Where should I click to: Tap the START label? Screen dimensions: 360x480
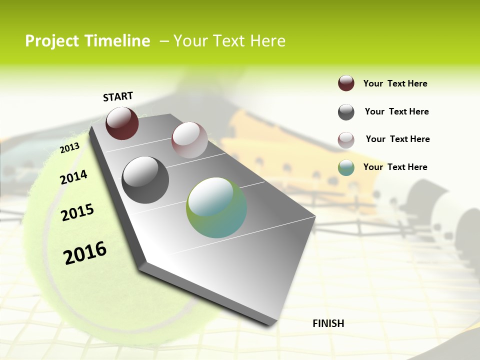click(118, 96)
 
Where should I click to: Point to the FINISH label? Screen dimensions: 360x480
click(328, 323)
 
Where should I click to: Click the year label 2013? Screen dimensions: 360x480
click(69, 148)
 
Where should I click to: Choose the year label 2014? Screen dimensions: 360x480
click(73, 177)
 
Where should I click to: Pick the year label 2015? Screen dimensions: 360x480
click(77, 212)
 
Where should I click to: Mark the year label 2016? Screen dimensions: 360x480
click(85, 252)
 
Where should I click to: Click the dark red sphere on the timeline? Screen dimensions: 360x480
click(122, 123)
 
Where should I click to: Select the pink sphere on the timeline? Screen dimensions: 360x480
click(189, 140)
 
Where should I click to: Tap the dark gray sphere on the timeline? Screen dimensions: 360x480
click(145, 180)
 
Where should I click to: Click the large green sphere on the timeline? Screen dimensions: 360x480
click(216, 207)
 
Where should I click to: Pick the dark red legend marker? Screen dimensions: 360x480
click(346, 83)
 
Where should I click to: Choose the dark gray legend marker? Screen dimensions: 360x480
click(346, 112)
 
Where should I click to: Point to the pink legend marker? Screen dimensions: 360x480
click(346, 140)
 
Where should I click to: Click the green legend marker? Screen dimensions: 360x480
click(346, 167)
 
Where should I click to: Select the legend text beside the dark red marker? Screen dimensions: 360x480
click(395, 83)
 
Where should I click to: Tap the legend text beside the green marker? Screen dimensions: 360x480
click(395, 167)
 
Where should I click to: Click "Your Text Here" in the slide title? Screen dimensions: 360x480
click(229, 41)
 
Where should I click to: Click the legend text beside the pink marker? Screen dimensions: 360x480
click(397, 139)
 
